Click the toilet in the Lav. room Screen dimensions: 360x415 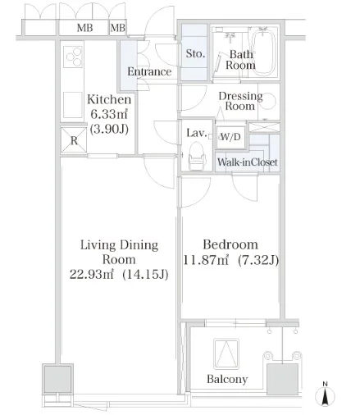click(197, 156)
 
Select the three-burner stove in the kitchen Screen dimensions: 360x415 click(73, 57)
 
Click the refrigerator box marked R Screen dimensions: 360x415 click(74, 140)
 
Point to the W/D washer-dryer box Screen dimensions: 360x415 click(230, 137)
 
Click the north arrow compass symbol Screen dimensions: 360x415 click(325, 394)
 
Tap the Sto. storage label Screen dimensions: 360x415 click(195, 53)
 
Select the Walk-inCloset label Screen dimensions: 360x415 click(248, 162)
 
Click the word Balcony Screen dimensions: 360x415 click(227, 379)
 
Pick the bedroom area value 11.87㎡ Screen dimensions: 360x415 click(205, 260)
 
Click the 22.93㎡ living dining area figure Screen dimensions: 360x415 click(91, 274)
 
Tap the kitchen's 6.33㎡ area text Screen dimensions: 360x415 click(109, 114)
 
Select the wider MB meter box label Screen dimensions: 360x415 click(84, 28)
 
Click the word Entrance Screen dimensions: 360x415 click(149, 71)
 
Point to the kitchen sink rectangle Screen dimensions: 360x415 click(73, 105)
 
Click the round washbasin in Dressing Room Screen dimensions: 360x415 click(269, 102)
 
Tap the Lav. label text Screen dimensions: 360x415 click(196, 133)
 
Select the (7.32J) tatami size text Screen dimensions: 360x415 click(258, 260)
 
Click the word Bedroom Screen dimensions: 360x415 click(230, 244)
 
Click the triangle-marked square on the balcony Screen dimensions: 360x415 click(226, 353)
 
